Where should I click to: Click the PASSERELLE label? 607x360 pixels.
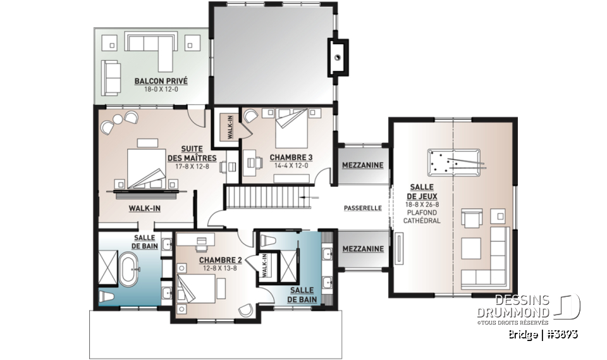362,208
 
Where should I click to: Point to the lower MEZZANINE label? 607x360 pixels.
362,249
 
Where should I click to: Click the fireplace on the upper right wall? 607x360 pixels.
338,58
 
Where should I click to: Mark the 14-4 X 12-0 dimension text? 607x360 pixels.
291,166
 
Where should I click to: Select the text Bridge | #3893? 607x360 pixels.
543,333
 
